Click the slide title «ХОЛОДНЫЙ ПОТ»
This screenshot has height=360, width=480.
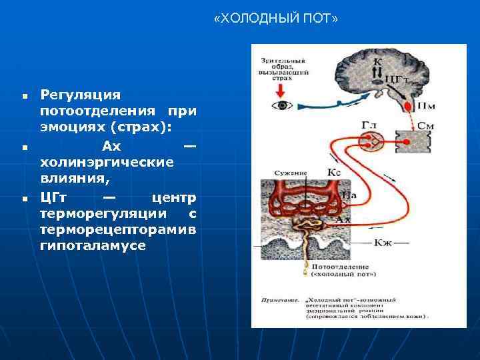[276, 19]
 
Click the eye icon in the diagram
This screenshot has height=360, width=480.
[284, 105]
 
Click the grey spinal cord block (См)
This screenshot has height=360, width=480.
[411, 141]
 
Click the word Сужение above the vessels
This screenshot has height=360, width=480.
[290, 173]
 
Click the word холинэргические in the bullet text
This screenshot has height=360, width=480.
[97, 161]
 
